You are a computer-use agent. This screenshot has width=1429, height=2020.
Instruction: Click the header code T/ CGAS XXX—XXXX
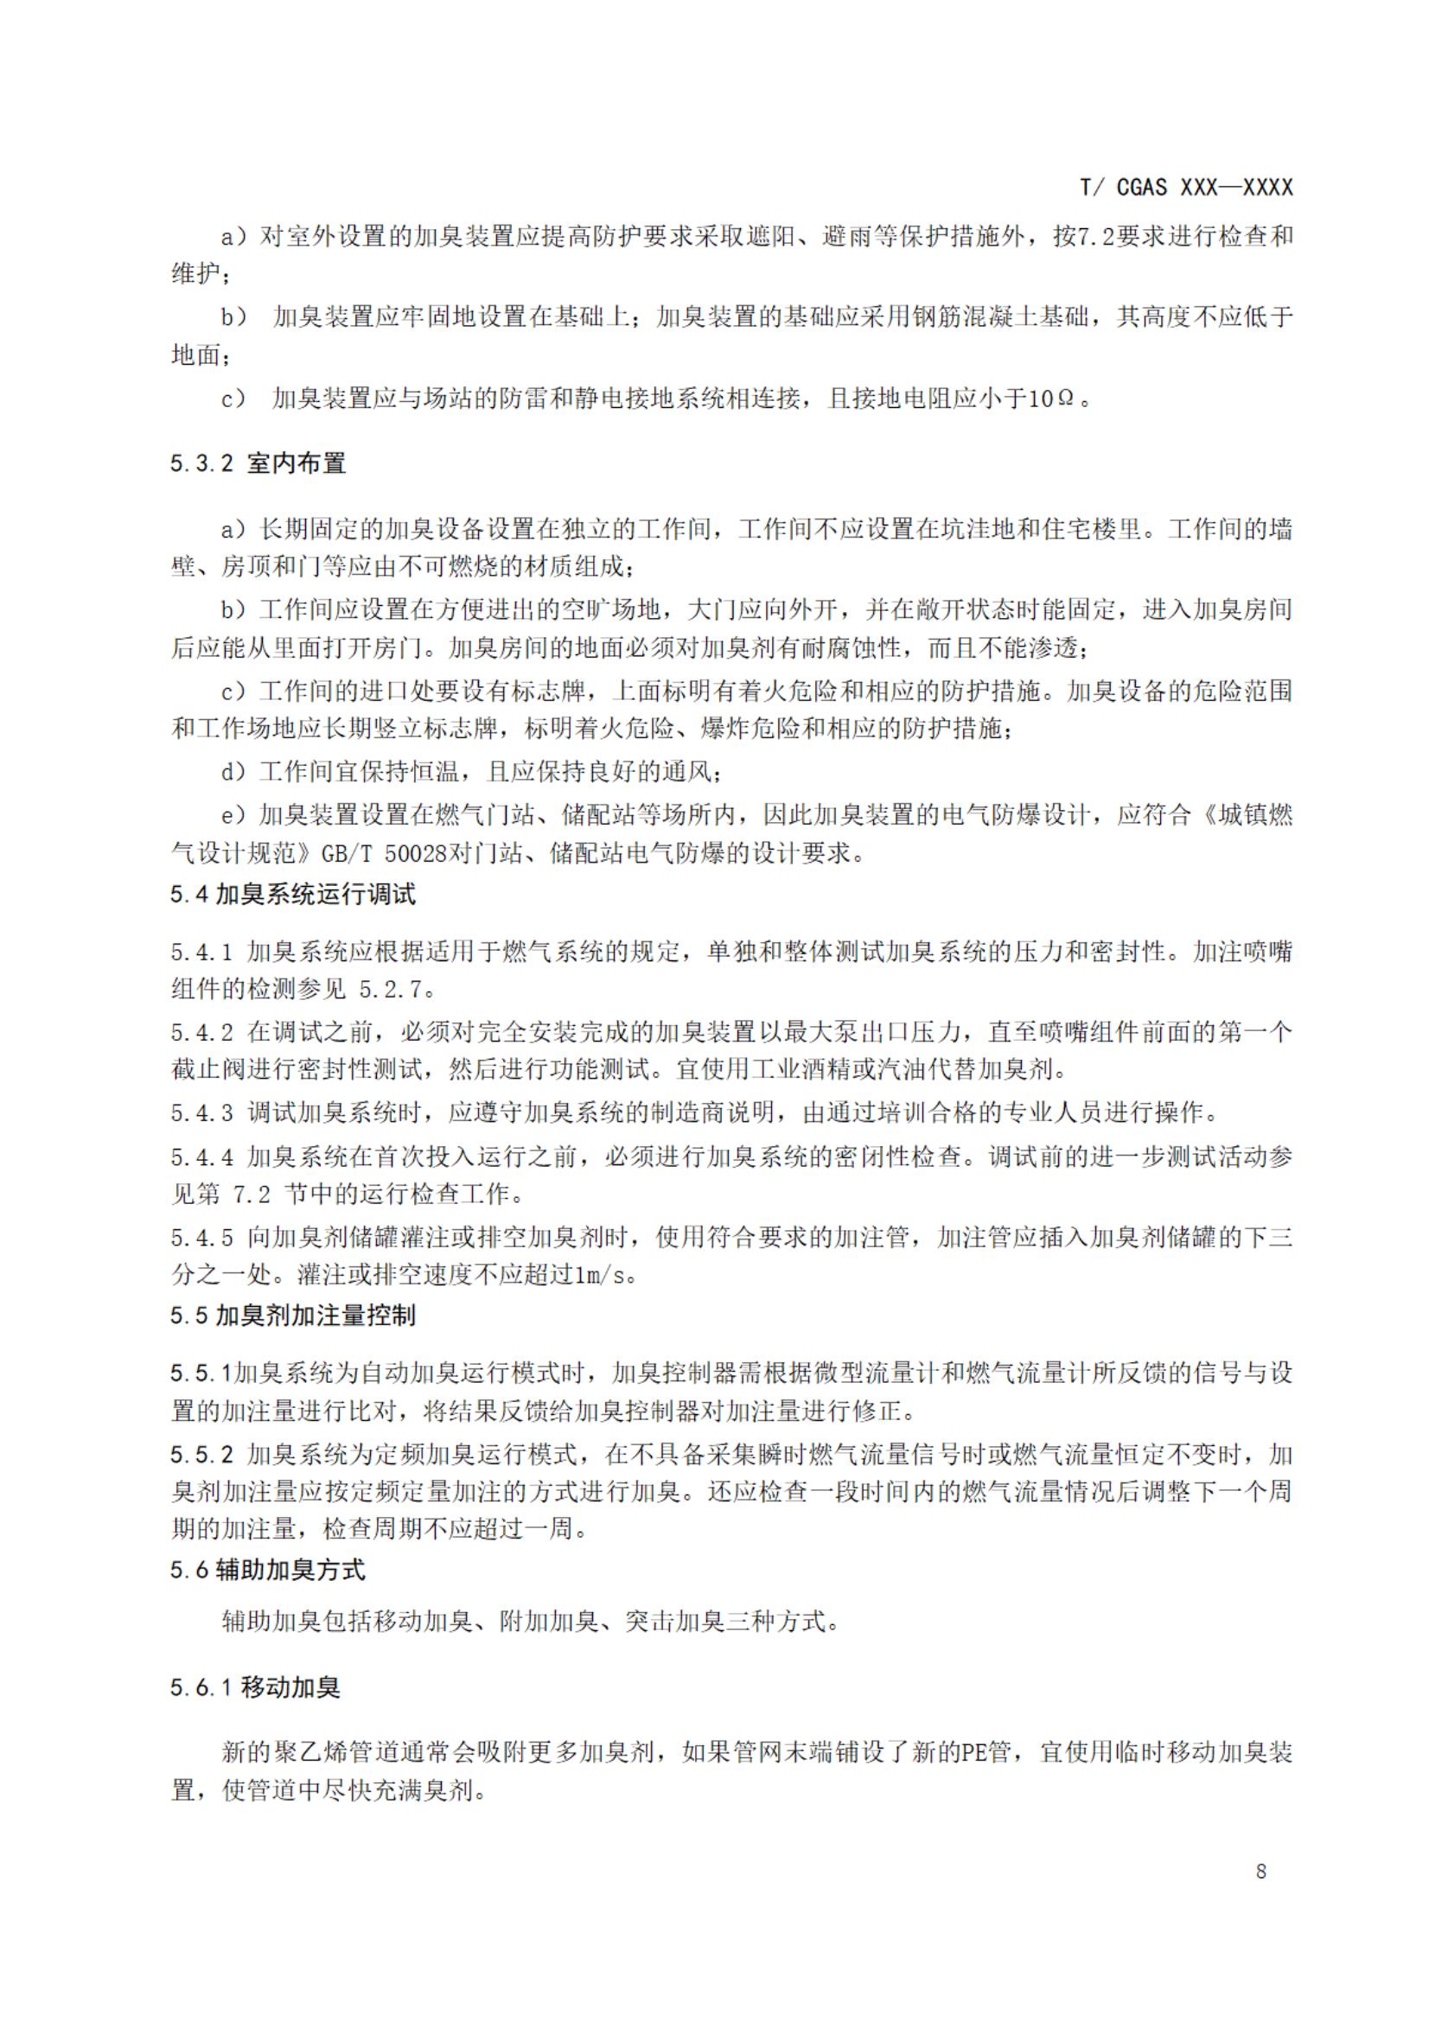click(x=1186, y=188)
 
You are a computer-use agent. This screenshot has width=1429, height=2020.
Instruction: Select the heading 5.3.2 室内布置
click(x=258, y=462)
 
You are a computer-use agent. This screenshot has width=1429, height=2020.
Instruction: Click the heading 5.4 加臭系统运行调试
click(x=293, y=895)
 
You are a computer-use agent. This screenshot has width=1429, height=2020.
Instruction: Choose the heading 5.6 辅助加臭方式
click(x=267, y=1570)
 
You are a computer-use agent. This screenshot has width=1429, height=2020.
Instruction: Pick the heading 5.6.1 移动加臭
click(x=255, y=1687)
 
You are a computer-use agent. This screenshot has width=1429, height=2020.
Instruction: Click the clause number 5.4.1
click(x=201, y=952)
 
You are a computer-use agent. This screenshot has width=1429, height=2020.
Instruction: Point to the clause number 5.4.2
click(x=201, y=1031)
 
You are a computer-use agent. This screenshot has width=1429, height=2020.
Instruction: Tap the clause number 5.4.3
click(x=201, y=1112)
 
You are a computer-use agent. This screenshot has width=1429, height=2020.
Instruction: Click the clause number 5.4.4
click(x=201, y=1156)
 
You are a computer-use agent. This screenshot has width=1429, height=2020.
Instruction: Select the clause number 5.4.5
click(x=201, y=1237)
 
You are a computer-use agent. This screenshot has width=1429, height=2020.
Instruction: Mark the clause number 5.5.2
click(x=201, y=1455)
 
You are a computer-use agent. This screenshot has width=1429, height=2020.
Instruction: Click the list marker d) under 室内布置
click(x=233, y=772)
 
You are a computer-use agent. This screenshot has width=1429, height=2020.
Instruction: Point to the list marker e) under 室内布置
click(x=233, y=816)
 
